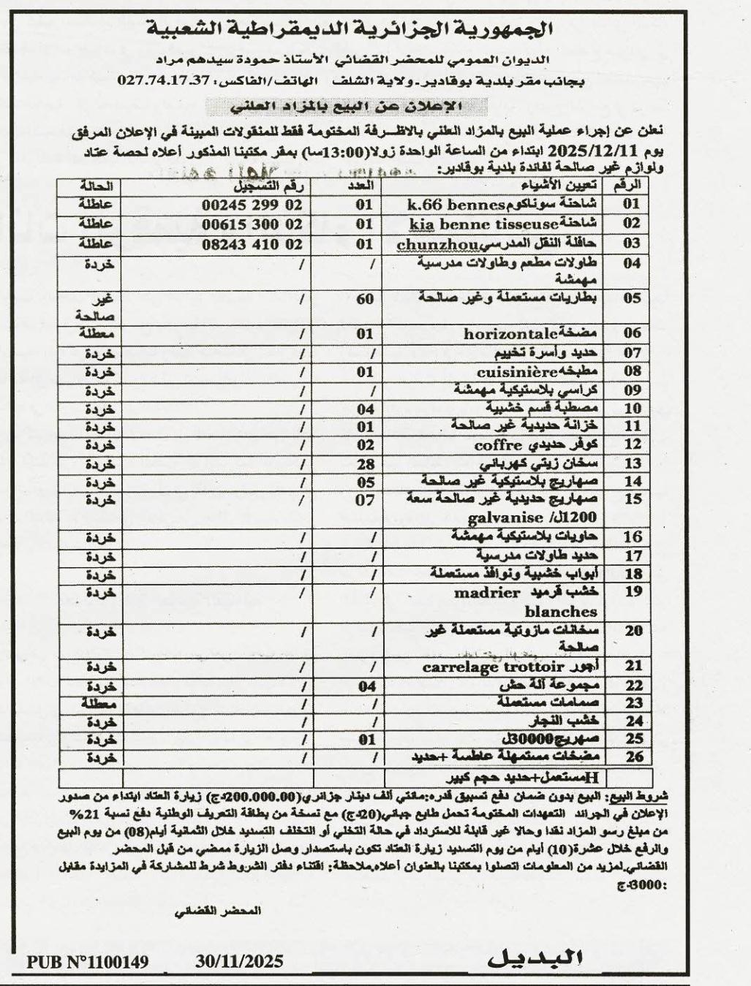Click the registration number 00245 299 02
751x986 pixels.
(252, 205)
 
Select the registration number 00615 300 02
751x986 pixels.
(252, 223)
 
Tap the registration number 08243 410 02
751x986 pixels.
(252, 242)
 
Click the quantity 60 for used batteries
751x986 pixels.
(365, 297)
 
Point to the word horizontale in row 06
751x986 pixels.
(511, 333)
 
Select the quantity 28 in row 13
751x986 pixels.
(365, 463)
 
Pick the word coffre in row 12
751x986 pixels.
(497, 445)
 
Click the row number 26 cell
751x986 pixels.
(633, 757)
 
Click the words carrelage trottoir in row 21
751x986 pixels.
(494, 667)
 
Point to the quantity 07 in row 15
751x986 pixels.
(365, 501)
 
